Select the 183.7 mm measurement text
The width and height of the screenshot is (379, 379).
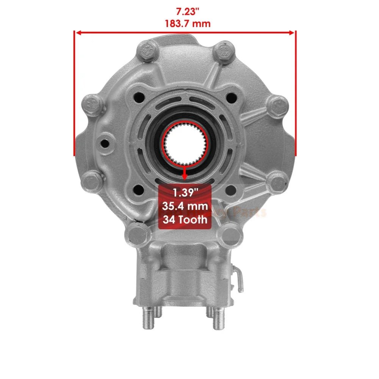[x=185, y=23]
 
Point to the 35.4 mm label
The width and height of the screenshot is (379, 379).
[x=185, y=206]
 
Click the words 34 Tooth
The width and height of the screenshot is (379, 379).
[x=185, y=219]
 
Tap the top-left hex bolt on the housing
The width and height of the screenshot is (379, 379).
[x=148, y=50]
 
